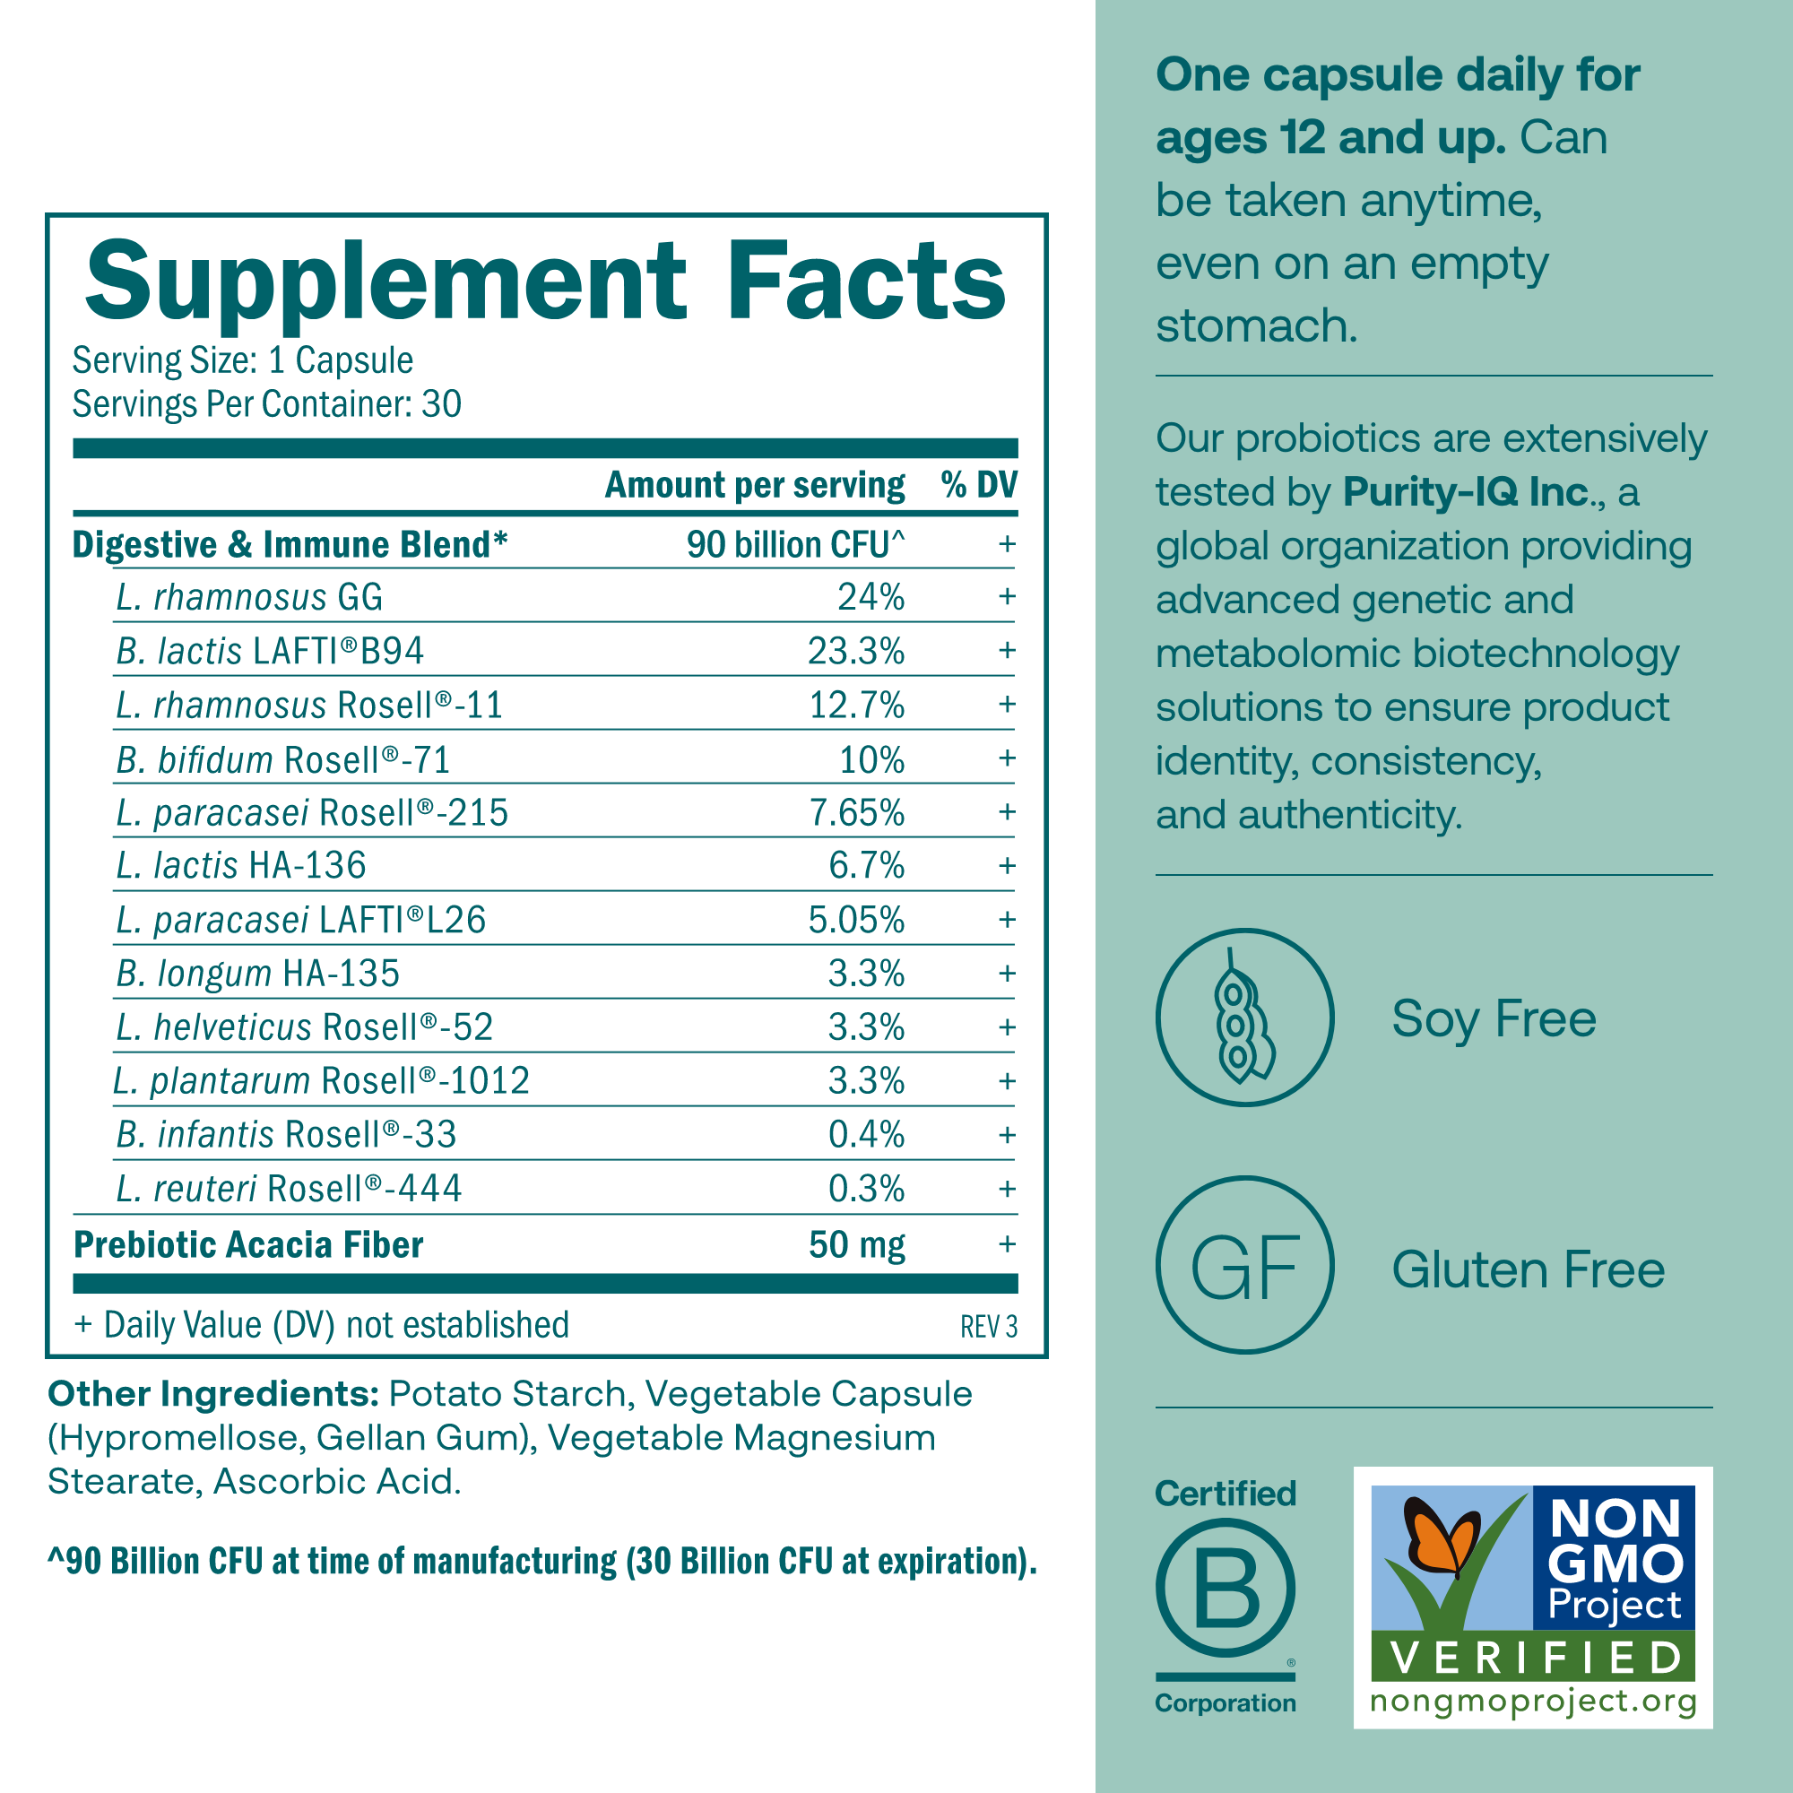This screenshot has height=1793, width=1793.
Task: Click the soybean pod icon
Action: (1243, 1018)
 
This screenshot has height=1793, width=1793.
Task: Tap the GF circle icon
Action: (1243, 1268)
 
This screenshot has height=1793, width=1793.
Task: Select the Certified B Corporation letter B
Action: (1225, 1589)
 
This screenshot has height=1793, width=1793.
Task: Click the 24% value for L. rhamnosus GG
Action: (871, 597)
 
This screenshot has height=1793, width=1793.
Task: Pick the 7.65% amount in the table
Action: (855, 813)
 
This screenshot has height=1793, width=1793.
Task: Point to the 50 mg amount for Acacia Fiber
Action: (855, 1244)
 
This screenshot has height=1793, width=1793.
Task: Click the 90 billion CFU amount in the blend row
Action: (794, 545)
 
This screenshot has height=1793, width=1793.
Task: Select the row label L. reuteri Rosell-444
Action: (289, 1189)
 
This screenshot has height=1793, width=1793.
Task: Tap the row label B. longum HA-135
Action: (258, 974)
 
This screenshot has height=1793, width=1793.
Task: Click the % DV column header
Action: (978, 484)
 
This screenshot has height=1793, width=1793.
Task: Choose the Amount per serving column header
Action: (755, 484)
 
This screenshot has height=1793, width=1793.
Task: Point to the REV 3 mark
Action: (988, 1327)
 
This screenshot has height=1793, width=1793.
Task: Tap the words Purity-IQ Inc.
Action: (1467, 492)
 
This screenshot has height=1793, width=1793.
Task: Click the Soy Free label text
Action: (1494, 1019)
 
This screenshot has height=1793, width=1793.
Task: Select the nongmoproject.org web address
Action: (1533, 1702)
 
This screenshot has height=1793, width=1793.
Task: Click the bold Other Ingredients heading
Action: (212, 1394)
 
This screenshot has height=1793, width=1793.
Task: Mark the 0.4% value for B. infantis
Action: (866, 1135)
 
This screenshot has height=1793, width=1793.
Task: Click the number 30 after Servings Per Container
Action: (441, 404)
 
